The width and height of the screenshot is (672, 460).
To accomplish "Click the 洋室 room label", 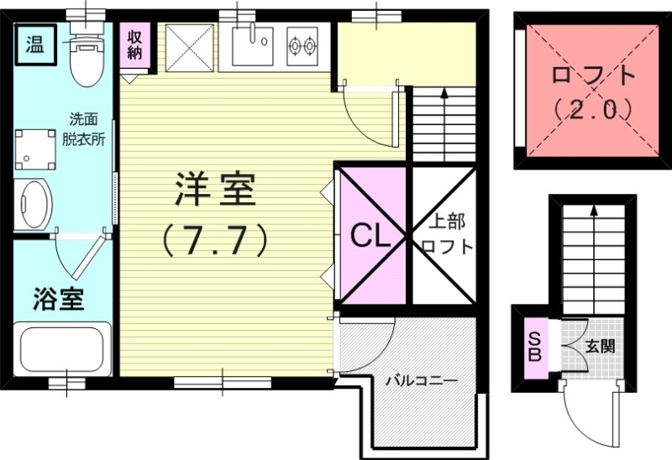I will [x=216, y=191].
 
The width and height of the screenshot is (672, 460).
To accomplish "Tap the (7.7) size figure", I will [x=216, y=239].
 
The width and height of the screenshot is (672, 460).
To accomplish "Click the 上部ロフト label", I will [x=446, y=236].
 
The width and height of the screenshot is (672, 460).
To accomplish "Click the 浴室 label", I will [x=59, y=299].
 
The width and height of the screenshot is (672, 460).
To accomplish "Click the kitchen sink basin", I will [x=252, y=44].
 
